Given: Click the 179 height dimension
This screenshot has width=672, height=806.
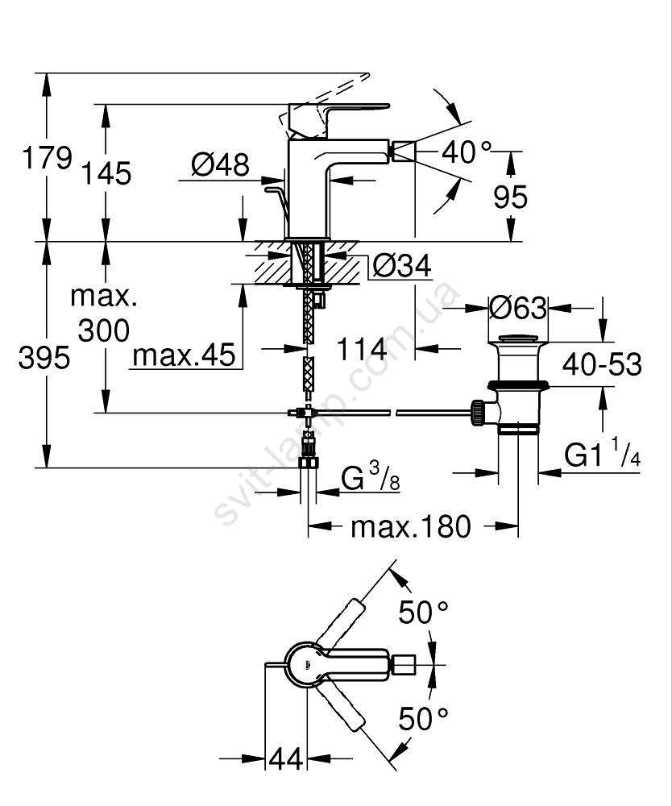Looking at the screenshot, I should (47, 158).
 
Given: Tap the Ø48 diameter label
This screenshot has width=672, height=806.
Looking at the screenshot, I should (219, 166).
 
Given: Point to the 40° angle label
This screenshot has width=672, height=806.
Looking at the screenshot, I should (467, 152).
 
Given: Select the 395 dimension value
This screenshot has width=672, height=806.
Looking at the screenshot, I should (44, 357).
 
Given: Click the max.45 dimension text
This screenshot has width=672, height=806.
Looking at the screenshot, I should (185, 354).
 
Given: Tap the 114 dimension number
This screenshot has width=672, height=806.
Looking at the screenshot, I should (362, 350).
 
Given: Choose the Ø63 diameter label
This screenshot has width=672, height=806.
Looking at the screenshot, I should (518, 307).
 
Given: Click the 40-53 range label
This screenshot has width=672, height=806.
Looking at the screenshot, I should (602, 364).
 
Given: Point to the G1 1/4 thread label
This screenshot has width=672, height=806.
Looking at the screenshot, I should (603, 456).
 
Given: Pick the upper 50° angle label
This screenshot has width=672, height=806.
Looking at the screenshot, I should (423, 613).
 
